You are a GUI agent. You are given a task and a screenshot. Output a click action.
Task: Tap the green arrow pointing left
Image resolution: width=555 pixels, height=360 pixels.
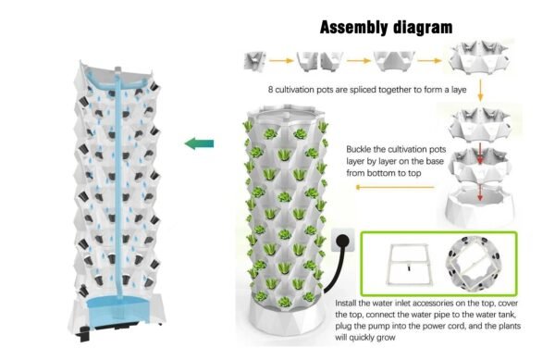[199, 143]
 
